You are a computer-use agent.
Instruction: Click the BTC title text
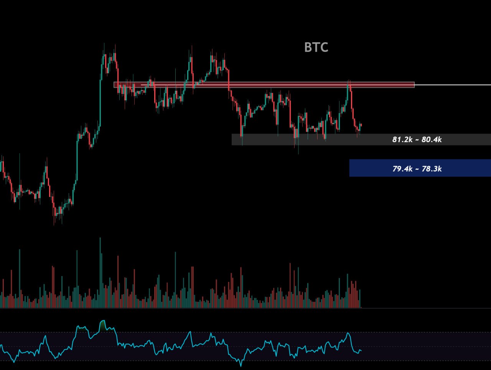(x=316, y=47)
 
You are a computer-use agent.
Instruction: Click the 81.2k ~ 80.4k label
(x=417, y=139)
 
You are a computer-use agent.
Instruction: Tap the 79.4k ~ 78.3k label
(x=417, y=169)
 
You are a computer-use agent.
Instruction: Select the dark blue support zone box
(x=420, y=168)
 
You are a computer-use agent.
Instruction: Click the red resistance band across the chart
(x=264, y=85)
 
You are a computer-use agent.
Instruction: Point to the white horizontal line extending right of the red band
(x=453, y=85)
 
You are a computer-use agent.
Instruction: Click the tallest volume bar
(x=100, y=273)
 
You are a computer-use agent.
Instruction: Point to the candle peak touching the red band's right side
(x=349, y=80)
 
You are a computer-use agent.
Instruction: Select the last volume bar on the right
(x=360, y=299)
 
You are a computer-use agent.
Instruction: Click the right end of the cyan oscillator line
(x=361, y=350)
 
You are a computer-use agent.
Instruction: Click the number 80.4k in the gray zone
(x=432, y=139)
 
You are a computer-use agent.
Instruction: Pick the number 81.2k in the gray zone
(x=402, y=139)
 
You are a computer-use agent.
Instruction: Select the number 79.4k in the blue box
(x=402, y=169)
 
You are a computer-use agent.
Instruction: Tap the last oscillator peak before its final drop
(x=348, y=333)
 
